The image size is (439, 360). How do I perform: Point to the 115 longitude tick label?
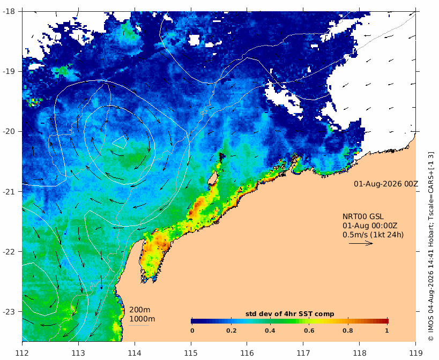(191, 353)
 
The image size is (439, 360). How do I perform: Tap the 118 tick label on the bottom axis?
(359, 353)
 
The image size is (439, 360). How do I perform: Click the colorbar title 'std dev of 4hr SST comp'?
(290, 314)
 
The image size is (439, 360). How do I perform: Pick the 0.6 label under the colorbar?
(309, 331)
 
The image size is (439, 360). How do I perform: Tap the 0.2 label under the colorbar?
(232, 331)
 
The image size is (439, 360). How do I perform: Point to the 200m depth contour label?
(140, 310)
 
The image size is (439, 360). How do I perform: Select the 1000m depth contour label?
(142, 319)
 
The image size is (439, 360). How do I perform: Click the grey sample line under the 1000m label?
(139, 325)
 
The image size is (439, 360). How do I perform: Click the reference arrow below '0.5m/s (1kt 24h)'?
(361, 243)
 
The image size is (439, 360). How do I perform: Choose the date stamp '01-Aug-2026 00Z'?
(386, 184)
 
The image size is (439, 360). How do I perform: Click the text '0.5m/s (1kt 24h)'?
(373, 235)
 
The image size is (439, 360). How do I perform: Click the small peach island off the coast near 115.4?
(213, 178)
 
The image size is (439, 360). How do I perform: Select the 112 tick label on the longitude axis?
(22, 353)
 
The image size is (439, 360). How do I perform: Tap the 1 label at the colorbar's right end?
(386, 331)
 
